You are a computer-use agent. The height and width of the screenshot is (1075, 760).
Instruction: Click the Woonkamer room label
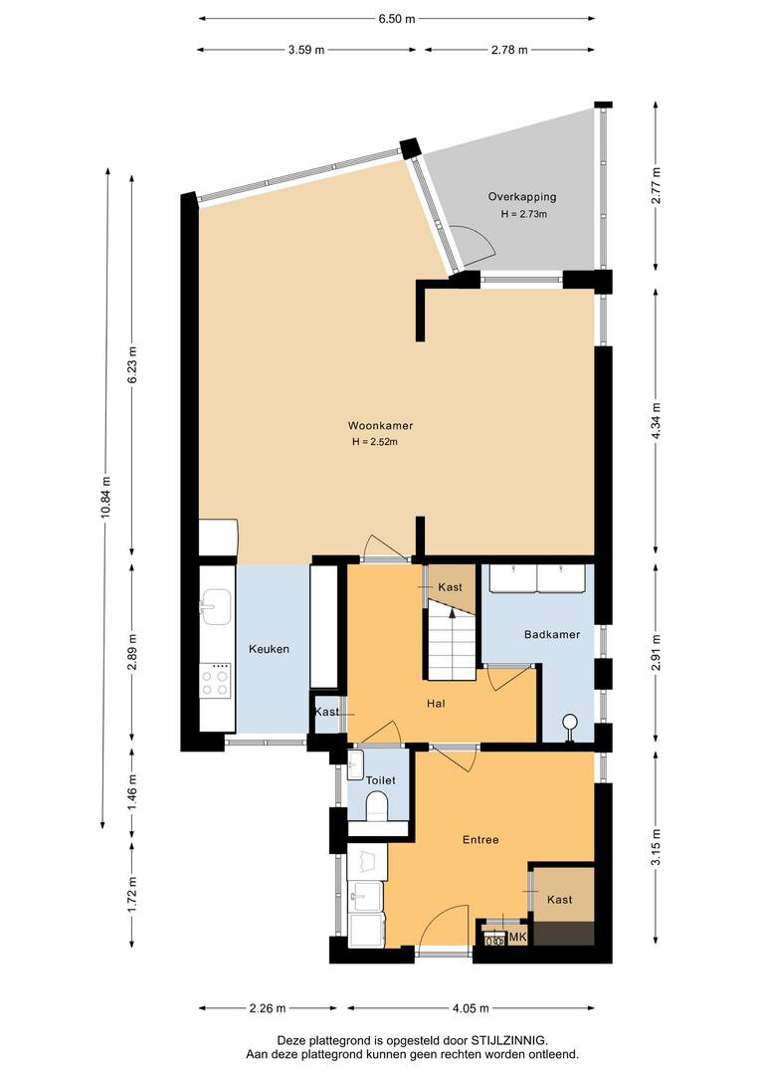(x=380, y=426)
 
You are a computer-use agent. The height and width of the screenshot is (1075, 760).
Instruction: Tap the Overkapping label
(x=522, y=197)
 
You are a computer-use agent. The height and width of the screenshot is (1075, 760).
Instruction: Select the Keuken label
(x=269, y=649)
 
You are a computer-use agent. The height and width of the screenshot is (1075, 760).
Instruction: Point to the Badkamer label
(x=552, y=634)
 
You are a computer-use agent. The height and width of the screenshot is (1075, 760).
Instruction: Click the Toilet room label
(x=380, y=780)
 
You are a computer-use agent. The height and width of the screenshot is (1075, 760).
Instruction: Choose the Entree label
(x=480, y=840)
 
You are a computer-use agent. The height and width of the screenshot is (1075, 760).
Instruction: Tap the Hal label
(x=436, y=704)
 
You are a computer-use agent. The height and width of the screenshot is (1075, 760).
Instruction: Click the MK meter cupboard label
(x=517, y=938)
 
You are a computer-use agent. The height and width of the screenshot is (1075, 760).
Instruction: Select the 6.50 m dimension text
(x=397, y=19)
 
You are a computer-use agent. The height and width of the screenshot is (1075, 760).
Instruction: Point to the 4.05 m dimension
(x=471, y=1007)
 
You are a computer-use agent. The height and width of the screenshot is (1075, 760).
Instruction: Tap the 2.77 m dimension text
(x=656, y=186)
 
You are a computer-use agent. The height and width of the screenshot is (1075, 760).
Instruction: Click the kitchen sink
(x=215, y=607)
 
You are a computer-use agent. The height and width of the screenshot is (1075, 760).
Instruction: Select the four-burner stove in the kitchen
(x=215, y=681)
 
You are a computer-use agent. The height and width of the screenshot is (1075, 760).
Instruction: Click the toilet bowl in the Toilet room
(x=378, y=805)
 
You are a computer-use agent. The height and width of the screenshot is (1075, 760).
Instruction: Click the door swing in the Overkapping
(x=476, y=243)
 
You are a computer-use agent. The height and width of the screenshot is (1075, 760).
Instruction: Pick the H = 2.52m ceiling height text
(x=375, y=442)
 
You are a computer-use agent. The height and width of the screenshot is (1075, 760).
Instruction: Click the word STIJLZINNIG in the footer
(x=509, y=1041)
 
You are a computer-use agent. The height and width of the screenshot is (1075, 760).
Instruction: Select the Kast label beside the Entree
(x=560, y=900)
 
